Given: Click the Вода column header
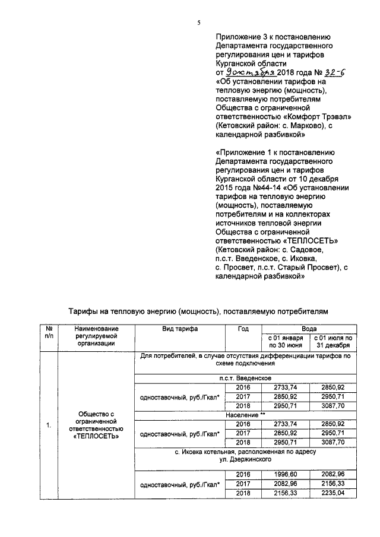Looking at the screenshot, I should pyautogui.click(x=309, y=328).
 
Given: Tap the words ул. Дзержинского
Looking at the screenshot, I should pyautogui.click(x=245, y=459).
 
